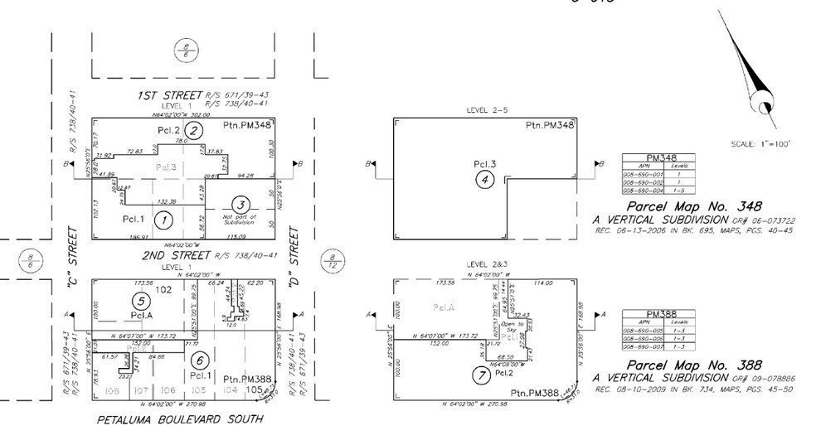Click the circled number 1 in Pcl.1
coord(164,220)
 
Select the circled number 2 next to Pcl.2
coord(193,130)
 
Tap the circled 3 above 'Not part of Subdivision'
coord(240,205)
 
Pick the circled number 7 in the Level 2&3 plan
coord(479,375)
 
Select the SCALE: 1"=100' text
coord(760,143)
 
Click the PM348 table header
coord(657,157)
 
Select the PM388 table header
coord(657,315)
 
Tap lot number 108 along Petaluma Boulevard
coord(113,389)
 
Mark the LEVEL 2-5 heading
coord(487,109)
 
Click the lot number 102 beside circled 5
coord(163,290)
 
